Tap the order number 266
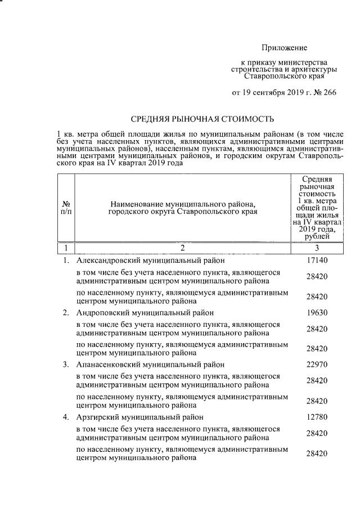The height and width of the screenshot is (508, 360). click(x=328, y=93)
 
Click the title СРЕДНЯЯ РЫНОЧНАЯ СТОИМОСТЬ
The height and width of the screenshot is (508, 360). click(x=202, y=119)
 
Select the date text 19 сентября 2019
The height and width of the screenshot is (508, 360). click(x=271, y=93)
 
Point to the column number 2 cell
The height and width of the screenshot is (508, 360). click(x=182, y=248)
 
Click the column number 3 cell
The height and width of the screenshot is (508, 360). click(x=316, y=248)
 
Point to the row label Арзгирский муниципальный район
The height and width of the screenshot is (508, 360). click(x=139, y=417)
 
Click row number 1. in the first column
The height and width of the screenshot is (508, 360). click(x=66, y=260)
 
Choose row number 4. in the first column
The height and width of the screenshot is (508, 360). click(x=66, y=417)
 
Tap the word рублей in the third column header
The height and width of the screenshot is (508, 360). click(x=316, y=237)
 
